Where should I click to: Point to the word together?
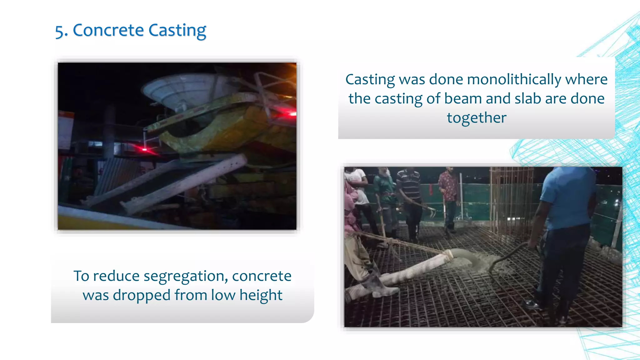477,118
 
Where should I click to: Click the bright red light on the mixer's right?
291,114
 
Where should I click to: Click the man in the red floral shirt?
449,197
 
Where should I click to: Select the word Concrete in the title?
108,31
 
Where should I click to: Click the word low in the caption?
222,295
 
